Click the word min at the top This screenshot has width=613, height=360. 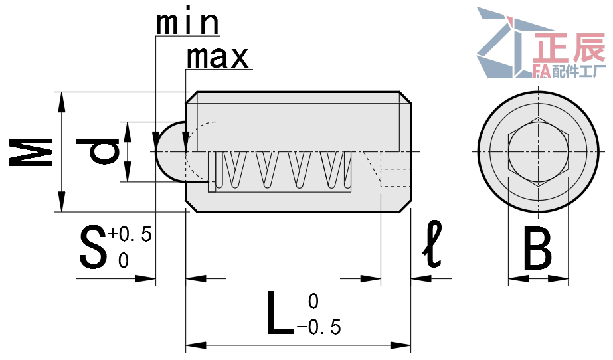tap(188, 24)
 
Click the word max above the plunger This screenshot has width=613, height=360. tap(217, 58)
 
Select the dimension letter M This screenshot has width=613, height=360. tap(31, 152)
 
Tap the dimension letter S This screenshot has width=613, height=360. tap(93, 247)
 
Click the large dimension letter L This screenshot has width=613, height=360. tap(280, 313)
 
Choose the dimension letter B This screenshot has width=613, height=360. tap(537, 249)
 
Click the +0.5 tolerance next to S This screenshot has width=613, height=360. tap(130, 234)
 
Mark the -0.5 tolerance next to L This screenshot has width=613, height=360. tap(319, 327)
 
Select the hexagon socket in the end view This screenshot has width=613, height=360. tap(538, 152)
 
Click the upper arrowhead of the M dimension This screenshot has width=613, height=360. tap(61, 102)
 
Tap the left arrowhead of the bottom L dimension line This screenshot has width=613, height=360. tap(196, 345)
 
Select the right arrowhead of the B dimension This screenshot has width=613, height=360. tap(559, 279)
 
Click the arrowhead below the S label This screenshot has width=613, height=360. tap(145, 279)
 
